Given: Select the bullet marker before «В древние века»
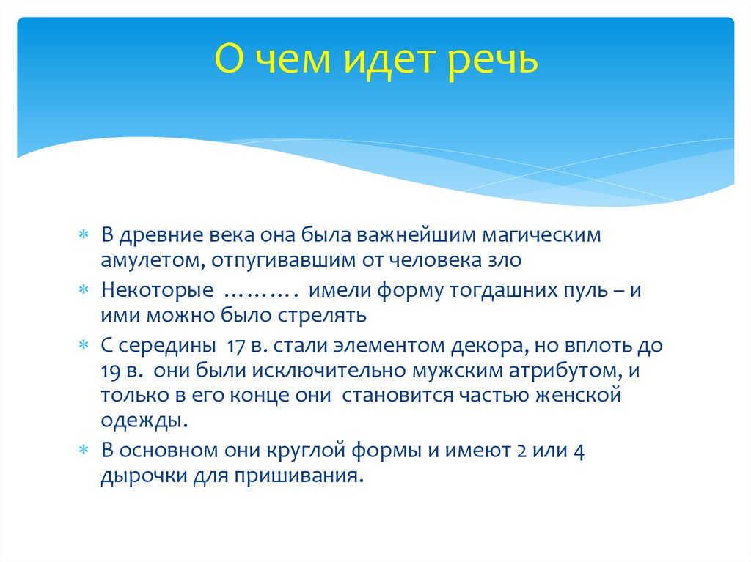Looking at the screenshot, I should click(85, 236).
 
